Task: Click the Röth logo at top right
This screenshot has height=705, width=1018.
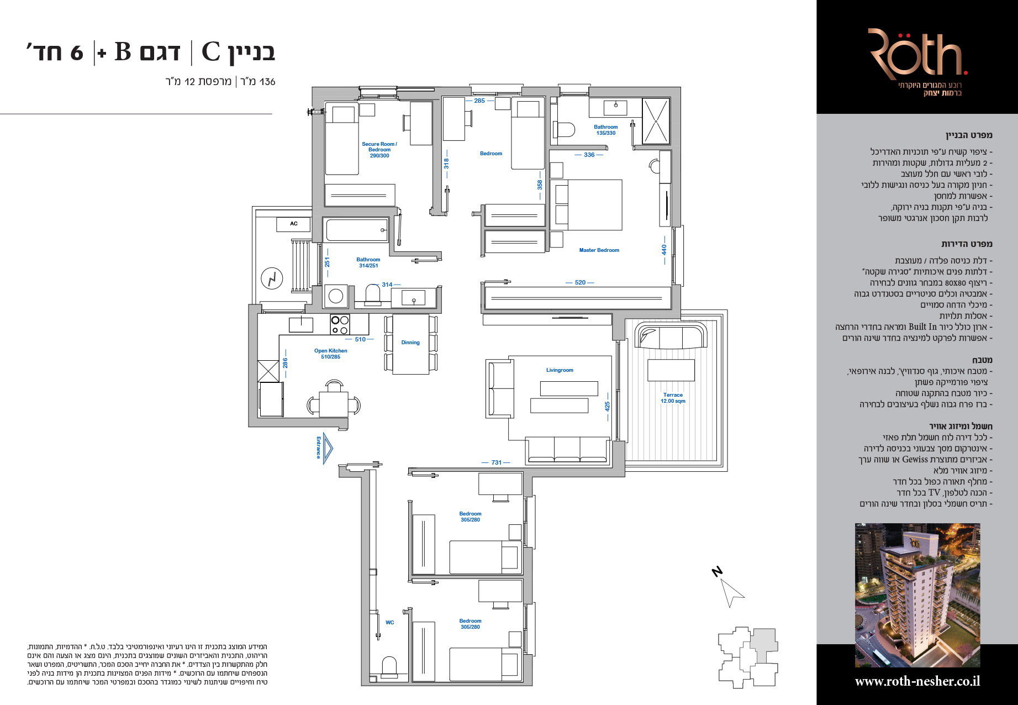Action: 917,54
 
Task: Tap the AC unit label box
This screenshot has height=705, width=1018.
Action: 294,224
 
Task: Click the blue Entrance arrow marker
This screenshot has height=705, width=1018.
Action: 325,447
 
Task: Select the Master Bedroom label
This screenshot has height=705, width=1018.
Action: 599,250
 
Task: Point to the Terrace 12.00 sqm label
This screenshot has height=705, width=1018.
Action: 673,398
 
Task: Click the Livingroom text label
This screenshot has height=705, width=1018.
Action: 560,370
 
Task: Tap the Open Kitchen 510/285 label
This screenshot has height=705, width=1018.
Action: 331,354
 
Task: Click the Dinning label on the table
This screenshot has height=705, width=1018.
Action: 410,343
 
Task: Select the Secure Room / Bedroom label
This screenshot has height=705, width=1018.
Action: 379,150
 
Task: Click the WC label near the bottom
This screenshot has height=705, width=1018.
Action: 390,623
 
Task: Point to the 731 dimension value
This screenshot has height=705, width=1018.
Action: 497,462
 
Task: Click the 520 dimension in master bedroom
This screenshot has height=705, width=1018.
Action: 580,282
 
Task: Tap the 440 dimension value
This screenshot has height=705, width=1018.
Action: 664,250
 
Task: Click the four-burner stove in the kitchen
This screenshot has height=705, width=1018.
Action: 340,324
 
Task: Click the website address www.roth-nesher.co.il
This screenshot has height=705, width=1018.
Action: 917,681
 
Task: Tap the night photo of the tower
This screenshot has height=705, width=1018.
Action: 917,595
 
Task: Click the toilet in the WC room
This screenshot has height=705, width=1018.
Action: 389,667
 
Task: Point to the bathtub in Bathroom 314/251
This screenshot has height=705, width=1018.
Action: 357,230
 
